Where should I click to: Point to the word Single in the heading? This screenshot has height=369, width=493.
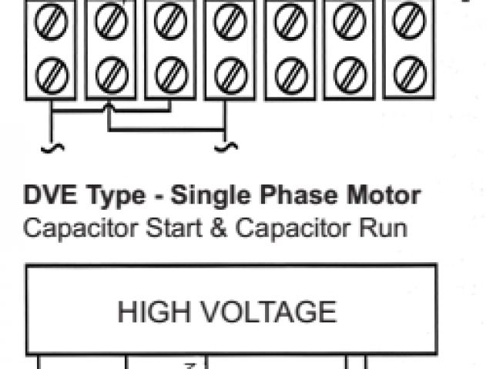pos(206,196)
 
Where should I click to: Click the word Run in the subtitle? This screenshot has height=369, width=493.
pos(381,228)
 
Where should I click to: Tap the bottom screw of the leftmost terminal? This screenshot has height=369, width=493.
pos(52,75)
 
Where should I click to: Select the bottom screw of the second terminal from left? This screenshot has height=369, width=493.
pos(112,75)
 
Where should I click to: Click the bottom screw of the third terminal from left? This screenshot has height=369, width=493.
pos(170,75)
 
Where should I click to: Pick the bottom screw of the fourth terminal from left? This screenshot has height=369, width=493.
pos(230,75)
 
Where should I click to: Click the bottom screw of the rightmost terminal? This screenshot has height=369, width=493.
pos(409,75)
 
